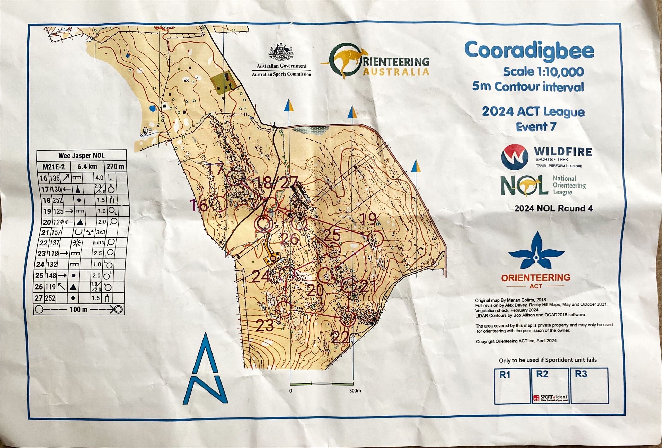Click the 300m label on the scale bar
(x=355, y=390)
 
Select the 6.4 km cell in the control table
(x=87, y=166)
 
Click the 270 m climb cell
(x=115, y=166)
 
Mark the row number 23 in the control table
(x=42, y=254)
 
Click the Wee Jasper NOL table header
(x=82, y=156)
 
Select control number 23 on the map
(x=265, y=326)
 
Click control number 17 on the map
(x=215, y=170)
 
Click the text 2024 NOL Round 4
(x=553, y=209)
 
